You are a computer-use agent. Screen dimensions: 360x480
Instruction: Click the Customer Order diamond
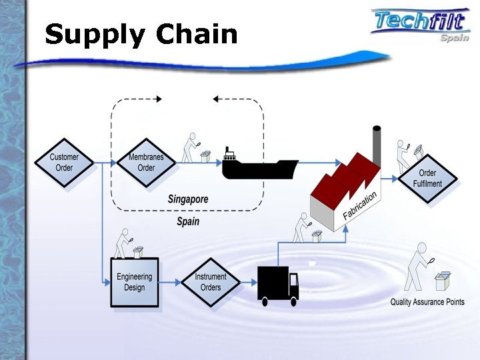[64, 163]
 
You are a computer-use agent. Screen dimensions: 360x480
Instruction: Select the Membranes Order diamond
[146, 163]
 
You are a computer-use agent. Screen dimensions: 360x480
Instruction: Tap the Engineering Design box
[135, 282]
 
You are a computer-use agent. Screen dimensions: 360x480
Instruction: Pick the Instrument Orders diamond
[211, 282]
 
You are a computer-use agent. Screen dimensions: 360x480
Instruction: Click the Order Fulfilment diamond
[430, 179]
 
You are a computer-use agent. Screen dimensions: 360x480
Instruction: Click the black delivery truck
[277, 285]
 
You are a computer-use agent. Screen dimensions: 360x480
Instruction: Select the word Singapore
[188, 199]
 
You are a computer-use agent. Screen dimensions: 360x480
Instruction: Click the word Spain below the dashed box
[188, 221]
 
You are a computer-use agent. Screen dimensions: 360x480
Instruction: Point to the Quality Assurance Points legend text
[427, 302]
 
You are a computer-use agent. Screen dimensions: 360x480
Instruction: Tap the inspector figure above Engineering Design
[122, 244]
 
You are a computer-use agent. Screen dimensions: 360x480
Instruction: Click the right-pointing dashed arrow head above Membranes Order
[158, 99]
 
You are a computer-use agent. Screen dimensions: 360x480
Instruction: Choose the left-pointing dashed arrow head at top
[217, 99]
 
